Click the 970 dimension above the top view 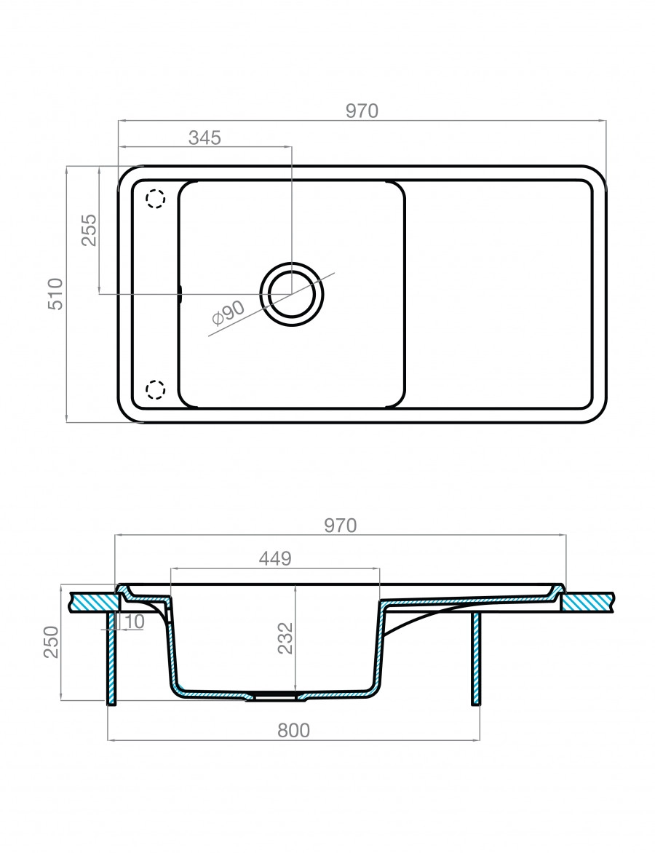pyautogui.click(x=362, y=111)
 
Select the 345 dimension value pyautogui.click(x=205, y=138)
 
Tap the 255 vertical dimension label pyautogui.click(x=89, y=230)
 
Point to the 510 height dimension pyautogui.click(x=55, y=294)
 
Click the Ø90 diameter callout pyautogui.click(x=227, y=314)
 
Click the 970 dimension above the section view pyautogui.click(x=341, y=525)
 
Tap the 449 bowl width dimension pyautogui.click(x=275, y=558)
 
